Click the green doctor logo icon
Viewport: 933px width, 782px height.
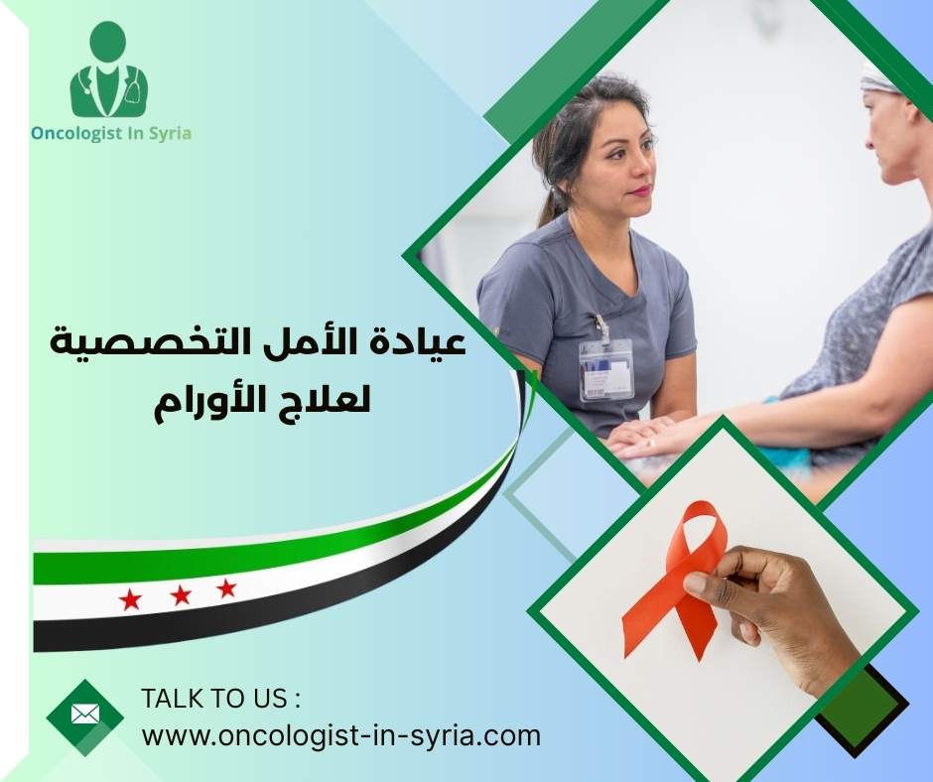click(108, 71)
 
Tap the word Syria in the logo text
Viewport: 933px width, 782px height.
click(168, 133)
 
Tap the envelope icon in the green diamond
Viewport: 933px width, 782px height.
click(85, 714)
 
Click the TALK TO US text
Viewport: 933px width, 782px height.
click(220, 699)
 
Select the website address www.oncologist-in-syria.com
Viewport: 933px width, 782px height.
click(341, 736)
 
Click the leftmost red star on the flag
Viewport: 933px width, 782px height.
click(130, 598)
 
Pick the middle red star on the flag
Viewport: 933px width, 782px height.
click(180, 594)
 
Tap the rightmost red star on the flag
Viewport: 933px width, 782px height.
click(227, 587)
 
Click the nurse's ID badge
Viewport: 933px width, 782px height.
click(605, 368)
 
